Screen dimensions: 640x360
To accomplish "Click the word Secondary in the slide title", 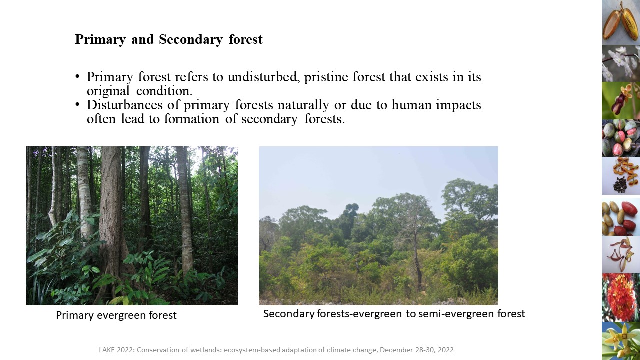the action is coord(190,39).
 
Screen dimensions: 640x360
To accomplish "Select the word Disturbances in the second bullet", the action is coord(125,105).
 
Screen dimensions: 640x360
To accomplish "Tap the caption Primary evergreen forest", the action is coord(116,315).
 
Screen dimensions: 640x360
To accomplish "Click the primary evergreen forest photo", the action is coord(131,226).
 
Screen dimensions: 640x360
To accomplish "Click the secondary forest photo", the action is coord(378,226).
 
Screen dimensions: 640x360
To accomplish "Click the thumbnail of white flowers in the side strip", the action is coord(621,63).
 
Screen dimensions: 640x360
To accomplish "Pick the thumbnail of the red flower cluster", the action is coord(621,297).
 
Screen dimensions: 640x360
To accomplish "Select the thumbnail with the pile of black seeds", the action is coord(621,176).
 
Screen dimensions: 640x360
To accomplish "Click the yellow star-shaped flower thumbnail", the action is coord(621,341).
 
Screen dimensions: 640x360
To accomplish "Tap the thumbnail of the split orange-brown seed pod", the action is coord(621,22).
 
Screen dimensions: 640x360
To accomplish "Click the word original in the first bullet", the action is coord(108,91).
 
